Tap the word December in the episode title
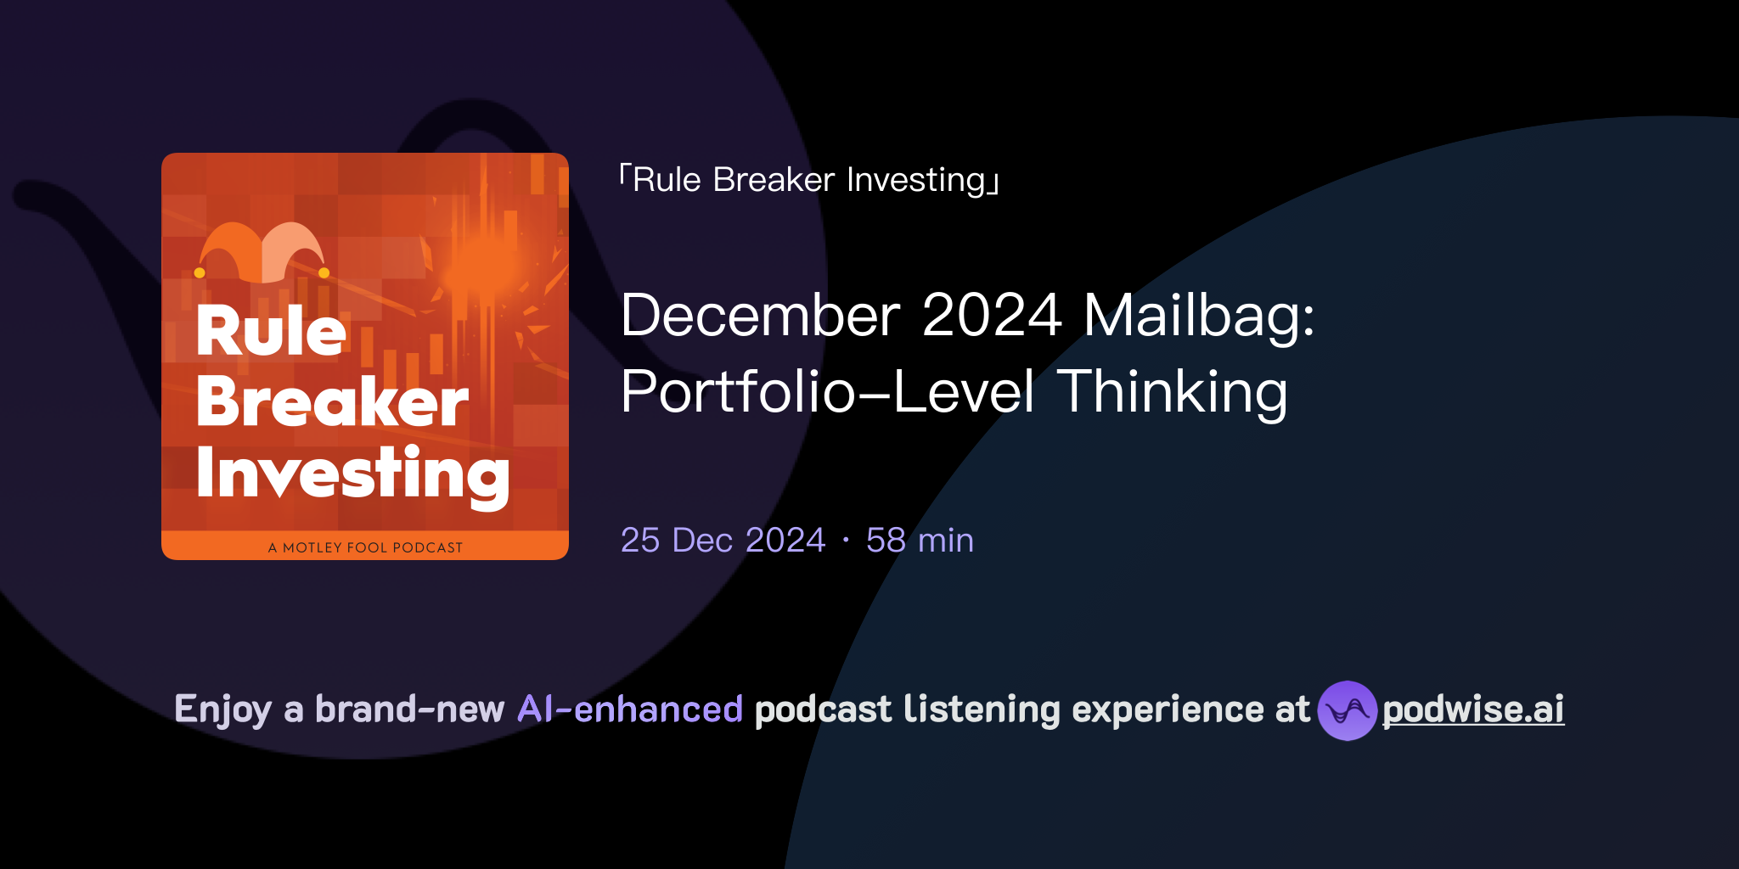point(760,316)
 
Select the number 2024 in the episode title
point(991,316)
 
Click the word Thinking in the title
point(1172,392)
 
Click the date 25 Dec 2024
point(723,541)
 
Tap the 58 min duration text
point(920,541)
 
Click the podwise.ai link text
point(1472,709)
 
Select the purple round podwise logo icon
point(1347,710)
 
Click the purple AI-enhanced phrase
point(630,709)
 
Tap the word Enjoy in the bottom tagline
point(222,709)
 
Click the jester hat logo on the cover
point(262,253)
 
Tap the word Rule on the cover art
point(271,331)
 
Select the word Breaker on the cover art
point(331,401)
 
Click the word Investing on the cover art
point(352,474)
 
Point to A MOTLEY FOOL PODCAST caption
point(365,547)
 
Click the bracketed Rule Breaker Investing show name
point(809,180)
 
